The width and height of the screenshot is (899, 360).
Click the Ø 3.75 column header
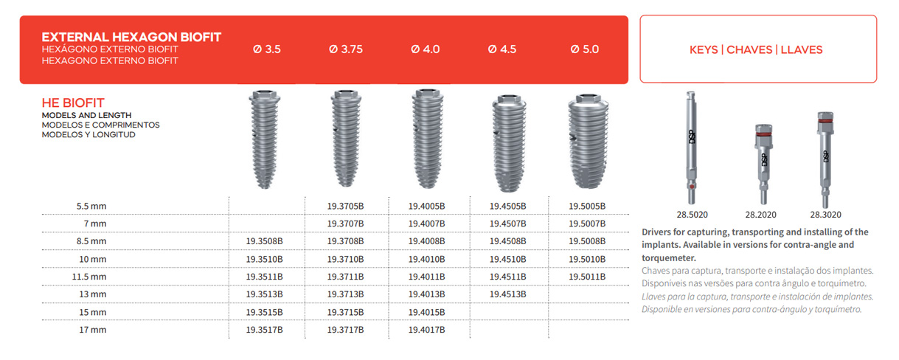click(x=344, y=50)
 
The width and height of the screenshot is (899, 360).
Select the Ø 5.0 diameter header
click(x=585, y=50)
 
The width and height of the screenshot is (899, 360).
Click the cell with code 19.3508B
click(x=264, y=241)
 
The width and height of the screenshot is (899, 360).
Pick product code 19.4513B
click(x=507, y=294)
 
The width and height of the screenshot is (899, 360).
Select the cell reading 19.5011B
click(x=587, y=277)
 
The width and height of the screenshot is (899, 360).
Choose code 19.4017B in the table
click(x=426, y=330)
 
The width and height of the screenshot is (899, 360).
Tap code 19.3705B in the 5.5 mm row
click(x=345, y=206)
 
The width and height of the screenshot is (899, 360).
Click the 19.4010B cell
click(x=426, y=259)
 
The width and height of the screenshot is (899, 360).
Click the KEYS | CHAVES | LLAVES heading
click(x=757, y=50)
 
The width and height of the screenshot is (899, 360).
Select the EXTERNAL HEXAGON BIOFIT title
click(x=131, y=37)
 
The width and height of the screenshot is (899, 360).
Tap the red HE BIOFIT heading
click(x=73, y=104)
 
